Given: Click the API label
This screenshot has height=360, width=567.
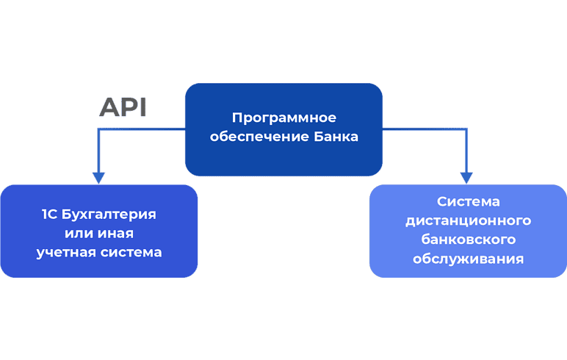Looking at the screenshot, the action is pos(123,107).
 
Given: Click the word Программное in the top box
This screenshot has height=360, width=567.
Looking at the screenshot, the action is pos(283,118).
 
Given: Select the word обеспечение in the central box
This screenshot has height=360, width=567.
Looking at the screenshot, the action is pos(259,137).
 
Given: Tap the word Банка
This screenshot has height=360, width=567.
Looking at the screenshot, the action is pos(336,137).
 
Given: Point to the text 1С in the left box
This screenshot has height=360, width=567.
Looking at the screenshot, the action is pos(49,215).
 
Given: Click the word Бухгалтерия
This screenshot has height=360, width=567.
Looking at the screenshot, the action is pos(109,215).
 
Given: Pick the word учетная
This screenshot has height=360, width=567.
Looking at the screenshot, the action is pos(66,253).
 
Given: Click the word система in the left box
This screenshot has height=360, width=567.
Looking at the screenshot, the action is pos(131,253).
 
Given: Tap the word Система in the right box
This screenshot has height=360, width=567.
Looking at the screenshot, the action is pos(469,201).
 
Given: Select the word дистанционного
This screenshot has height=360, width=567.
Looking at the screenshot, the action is pos(469,220).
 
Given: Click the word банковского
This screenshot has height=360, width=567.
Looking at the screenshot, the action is pos(469,240).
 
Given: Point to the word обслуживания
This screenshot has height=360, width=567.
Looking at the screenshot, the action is pos(469,259).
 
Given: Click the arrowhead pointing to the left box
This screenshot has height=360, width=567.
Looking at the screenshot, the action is pos(98,178).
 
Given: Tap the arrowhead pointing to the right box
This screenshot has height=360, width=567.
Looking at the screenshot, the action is pos(466,178).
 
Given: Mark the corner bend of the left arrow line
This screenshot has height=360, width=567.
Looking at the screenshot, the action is pos(98,129).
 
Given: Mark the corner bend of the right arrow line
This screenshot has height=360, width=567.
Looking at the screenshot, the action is pos(466,129).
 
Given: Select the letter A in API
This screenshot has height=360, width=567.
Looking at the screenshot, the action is pos(109,107).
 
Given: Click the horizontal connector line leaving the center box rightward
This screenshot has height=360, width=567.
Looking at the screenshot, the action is pos(425,129).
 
